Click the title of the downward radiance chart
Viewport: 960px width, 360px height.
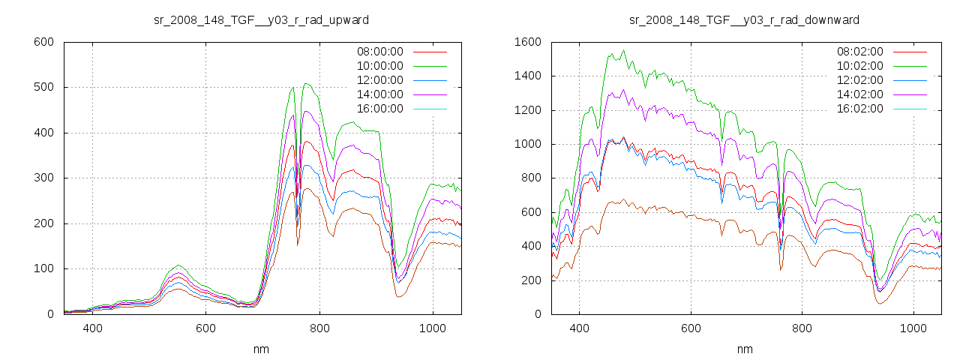[x=744, y=19]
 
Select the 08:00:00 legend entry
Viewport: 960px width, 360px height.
[x=379, y=52]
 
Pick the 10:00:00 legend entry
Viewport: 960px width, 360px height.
[x=379, y=66]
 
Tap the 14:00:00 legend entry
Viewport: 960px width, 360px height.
[x=379, y=94]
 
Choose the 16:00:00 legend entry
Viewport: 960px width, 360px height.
[x=379, y=109]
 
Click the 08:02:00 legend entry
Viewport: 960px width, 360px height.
[x=859, y=52]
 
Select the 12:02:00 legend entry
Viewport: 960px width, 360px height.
[x=859, y=80]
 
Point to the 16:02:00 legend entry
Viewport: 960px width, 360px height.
[x=859, y=109]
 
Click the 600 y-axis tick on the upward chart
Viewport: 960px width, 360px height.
[x=43, y=42]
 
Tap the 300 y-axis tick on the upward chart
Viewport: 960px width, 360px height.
[x=43, y=178]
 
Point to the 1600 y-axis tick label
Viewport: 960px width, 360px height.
[x=528, y=42]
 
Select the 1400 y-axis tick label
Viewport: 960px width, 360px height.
[x=528, y=76]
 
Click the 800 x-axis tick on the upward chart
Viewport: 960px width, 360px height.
[x=319, y=328]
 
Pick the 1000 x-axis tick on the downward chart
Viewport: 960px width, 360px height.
[x=913, y=328]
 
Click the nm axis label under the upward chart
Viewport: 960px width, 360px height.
[x=262, y=349]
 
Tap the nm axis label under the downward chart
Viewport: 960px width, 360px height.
[x=745, y=349]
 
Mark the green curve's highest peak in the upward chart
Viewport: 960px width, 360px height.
[x=306, y=83]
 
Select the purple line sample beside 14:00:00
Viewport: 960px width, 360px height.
[x=430, y=94]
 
